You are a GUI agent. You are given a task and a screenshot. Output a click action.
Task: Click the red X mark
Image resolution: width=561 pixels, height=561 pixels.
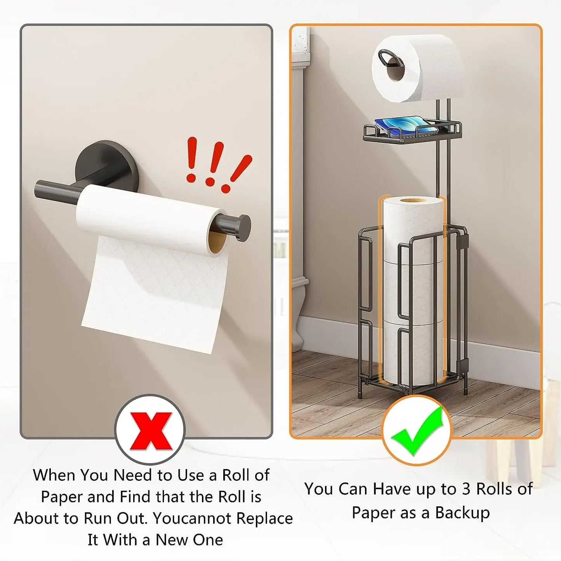point(150,431)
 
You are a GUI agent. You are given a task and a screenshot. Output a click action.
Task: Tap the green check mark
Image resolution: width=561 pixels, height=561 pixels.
point(417,431)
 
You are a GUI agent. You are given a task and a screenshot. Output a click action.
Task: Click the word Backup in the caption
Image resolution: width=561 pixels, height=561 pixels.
point(462,512)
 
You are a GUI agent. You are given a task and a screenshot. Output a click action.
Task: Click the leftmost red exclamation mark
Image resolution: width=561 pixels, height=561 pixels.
point(191,160)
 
